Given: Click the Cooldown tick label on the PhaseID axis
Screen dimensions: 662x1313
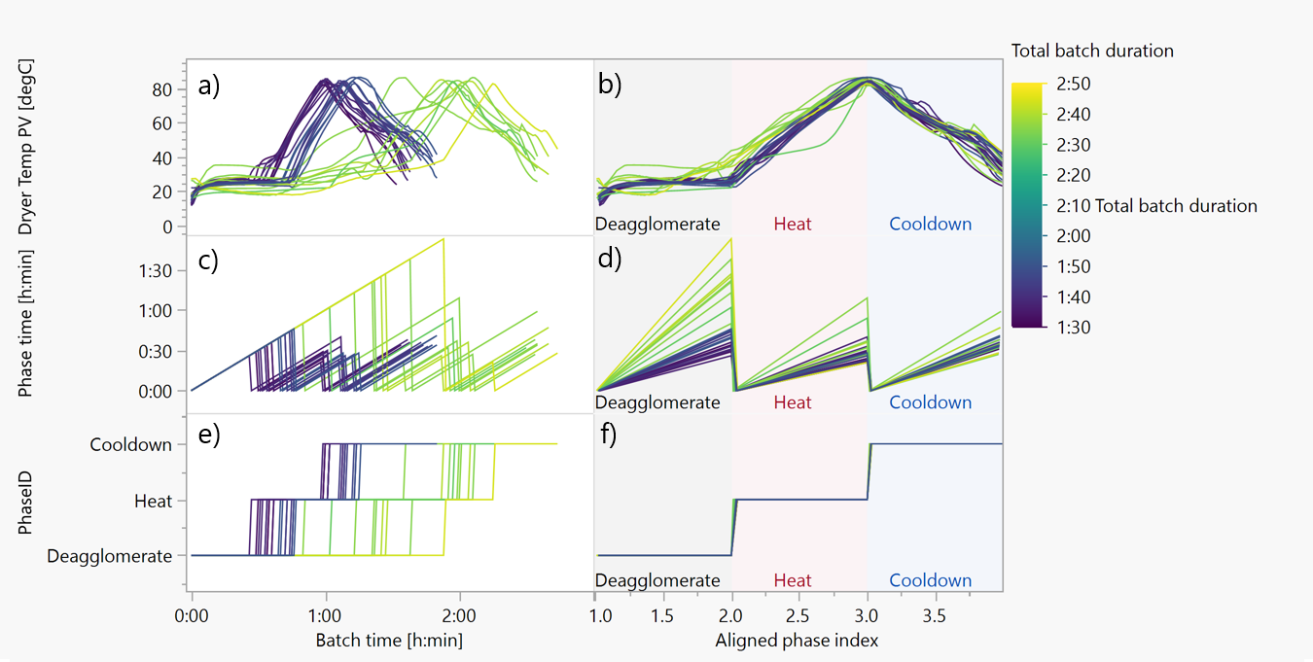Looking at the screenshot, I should click(130, 444).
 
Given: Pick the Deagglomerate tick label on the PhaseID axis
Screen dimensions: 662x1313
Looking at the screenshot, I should click(109, 556).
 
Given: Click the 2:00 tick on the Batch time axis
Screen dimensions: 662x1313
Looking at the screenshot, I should click(459, 615).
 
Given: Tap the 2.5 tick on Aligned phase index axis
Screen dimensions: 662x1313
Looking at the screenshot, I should click(798, 615).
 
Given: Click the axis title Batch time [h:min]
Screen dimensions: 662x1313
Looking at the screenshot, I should click(389, 641).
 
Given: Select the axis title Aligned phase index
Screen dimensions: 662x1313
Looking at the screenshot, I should click(797, 641).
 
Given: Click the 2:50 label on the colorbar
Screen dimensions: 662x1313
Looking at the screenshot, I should click(1074, 84).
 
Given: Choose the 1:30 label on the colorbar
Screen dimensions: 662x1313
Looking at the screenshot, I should click(1074, 327).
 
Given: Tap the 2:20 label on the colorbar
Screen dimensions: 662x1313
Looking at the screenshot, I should click(1074, 175).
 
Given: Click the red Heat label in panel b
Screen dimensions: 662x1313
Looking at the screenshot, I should click(793, 224).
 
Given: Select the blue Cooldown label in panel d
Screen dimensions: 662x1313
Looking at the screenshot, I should click(930, 402).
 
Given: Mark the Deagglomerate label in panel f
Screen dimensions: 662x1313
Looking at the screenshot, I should click(657, 580).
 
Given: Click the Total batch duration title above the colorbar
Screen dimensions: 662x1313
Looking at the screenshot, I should click(1092, 51).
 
